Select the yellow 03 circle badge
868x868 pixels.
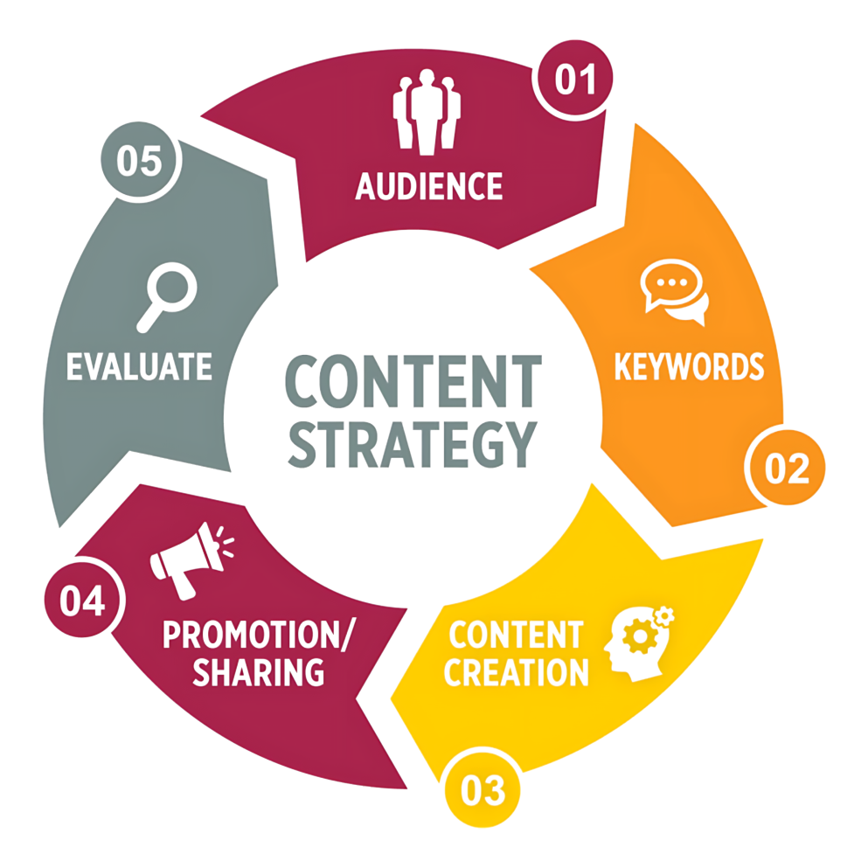tap(483, 789)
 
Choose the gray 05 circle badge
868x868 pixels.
tap(140, 160)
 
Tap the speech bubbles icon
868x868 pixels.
tap(674, 292)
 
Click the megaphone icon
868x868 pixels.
tap(191, 560)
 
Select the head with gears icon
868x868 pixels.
tap(639, 643)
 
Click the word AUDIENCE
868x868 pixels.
tap(429, 186)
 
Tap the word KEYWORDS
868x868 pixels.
tap(689, 366)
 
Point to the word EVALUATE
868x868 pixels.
tap(139, 366)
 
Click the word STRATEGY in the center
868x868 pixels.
tap(413, 445)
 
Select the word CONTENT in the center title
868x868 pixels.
tap(413, 382)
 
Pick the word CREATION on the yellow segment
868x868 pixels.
tap(516, 672)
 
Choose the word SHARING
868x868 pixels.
tap(259, 672)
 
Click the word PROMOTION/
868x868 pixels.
tap(257, 635)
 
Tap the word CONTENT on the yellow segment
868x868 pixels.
tap(516, 635)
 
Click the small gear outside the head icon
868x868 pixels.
tap(664, 616)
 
